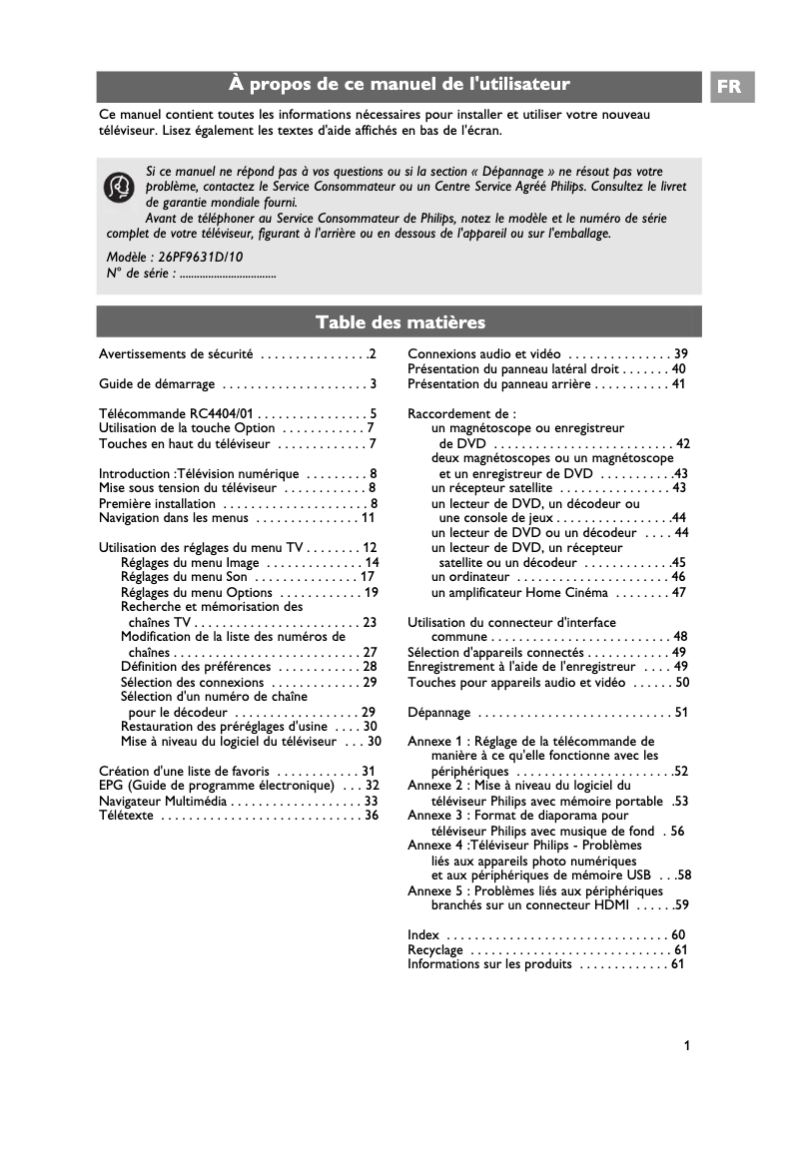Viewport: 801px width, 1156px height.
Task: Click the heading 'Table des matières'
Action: click(400, 321)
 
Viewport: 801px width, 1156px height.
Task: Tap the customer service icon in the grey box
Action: click(120, 186)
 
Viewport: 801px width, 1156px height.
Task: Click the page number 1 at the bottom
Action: click(687, 1045)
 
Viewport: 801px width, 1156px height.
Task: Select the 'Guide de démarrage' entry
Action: click(157, 384)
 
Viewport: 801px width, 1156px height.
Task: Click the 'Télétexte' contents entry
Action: click(127, 816)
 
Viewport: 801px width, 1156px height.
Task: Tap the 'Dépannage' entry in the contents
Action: click(438, 713)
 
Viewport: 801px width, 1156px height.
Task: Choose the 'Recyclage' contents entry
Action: click(435, 949)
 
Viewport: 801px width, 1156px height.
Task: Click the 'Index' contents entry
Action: click(423, 934)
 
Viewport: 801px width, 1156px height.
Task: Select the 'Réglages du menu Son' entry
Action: click(184, 577)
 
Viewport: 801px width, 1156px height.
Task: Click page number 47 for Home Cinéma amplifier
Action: click(679, 592)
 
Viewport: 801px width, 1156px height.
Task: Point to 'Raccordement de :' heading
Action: click(461, 413)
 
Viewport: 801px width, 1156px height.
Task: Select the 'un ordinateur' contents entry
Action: click(470, 577)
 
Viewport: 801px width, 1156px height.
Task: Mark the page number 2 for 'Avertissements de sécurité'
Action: click(372, 354)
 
